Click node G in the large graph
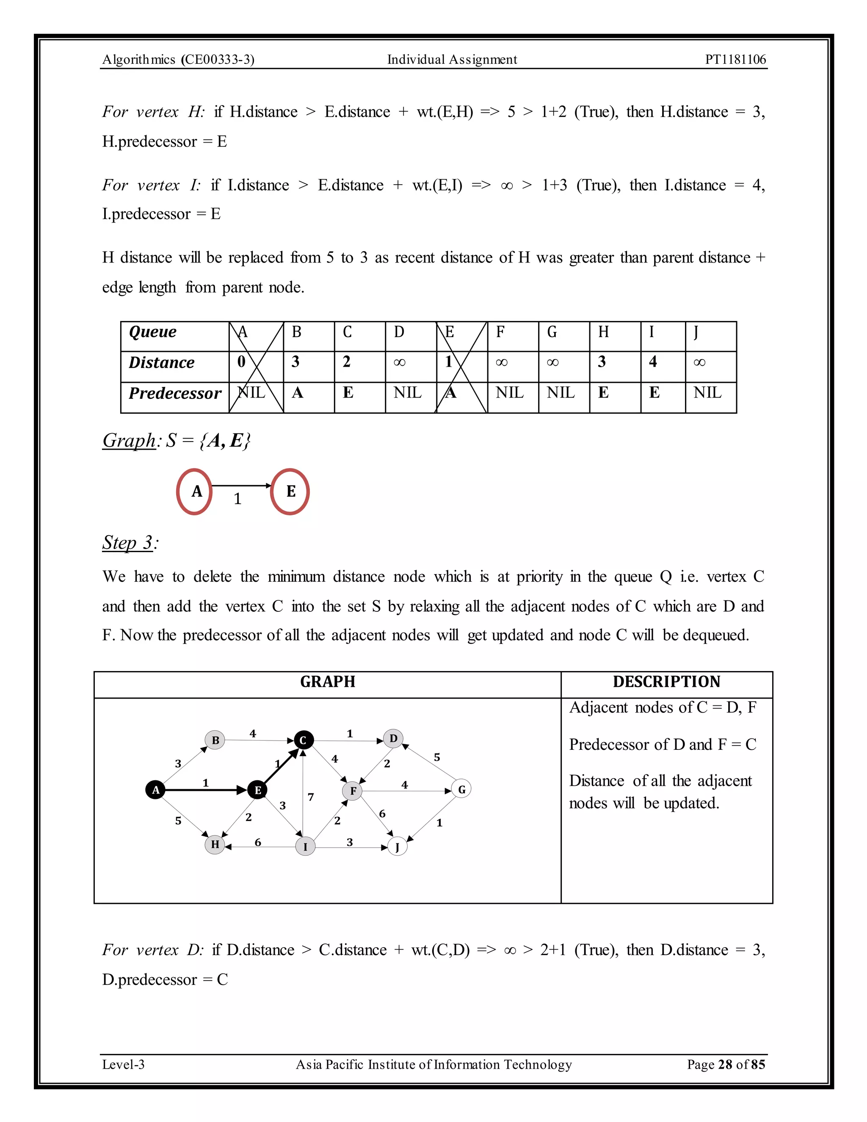461,790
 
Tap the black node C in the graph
303,740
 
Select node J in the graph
397,847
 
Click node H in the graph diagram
215,844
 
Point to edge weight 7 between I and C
311,797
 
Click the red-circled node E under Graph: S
290,492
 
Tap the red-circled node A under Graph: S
195,492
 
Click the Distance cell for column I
663,362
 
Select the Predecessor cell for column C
359,393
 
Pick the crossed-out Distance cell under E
461,362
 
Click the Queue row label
152,332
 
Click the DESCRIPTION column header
666,682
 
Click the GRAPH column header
328,682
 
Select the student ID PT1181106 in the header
735,60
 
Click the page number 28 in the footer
725,1064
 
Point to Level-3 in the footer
123,1064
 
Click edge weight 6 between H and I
258,842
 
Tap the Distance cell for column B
308,362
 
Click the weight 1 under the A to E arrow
237,499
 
